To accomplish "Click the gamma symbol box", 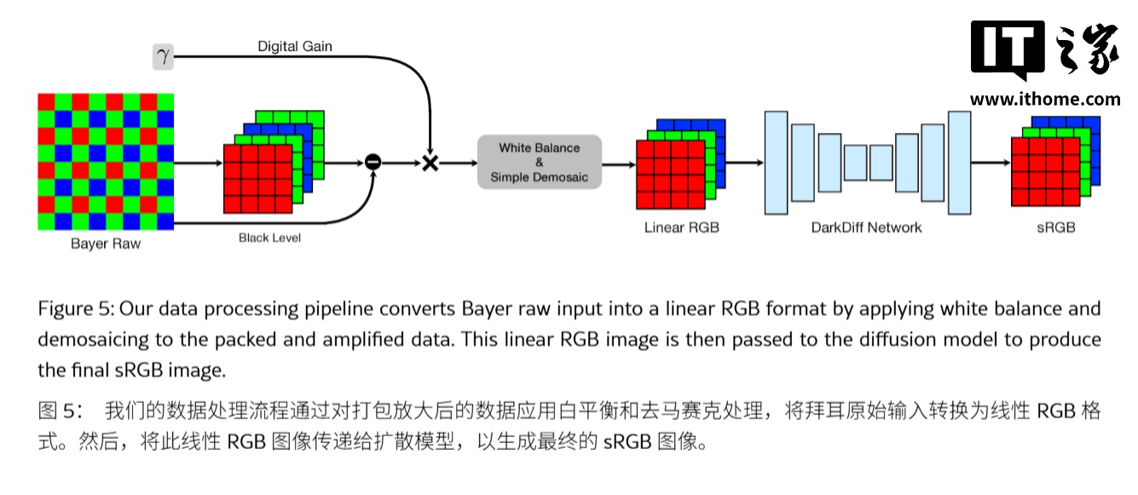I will click(162, 57).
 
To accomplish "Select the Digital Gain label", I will click(295, 46).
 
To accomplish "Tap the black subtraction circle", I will click(372, 162).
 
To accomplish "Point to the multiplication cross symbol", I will click(430, 162).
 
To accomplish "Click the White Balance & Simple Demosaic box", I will click(539, 162).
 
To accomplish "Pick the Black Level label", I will click(269, 238).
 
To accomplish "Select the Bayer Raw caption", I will click(106, 245).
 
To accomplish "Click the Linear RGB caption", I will click(682, 227).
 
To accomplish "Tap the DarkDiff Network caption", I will click(867, 227).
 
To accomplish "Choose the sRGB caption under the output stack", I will click(1056, 227).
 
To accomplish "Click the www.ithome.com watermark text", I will click(1045, 99).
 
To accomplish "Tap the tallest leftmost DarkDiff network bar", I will click(776, 162).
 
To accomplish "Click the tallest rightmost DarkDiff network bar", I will click(959, 162).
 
